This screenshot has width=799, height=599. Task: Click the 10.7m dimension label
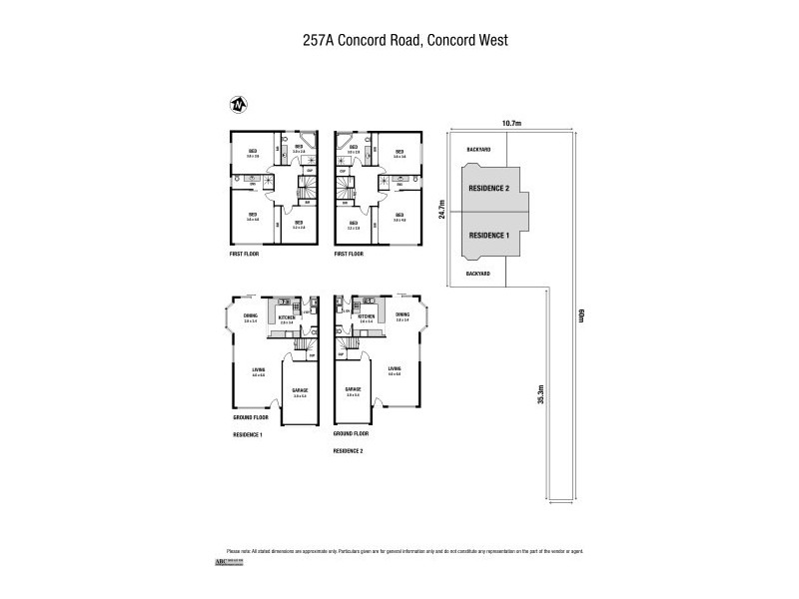511,123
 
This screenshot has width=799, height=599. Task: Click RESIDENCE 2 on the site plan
489,188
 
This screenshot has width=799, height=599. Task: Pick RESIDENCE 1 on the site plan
489,235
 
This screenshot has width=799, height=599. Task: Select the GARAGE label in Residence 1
300,390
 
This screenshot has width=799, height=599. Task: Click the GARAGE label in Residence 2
352,389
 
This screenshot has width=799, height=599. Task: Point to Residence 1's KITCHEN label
286,316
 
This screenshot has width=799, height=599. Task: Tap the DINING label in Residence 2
402,315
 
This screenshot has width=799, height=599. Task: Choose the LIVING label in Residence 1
258,370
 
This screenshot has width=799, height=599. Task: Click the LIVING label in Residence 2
395,369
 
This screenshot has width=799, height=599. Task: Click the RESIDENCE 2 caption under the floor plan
349,450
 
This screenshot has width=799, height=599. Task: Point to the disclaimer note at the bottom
404,551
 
